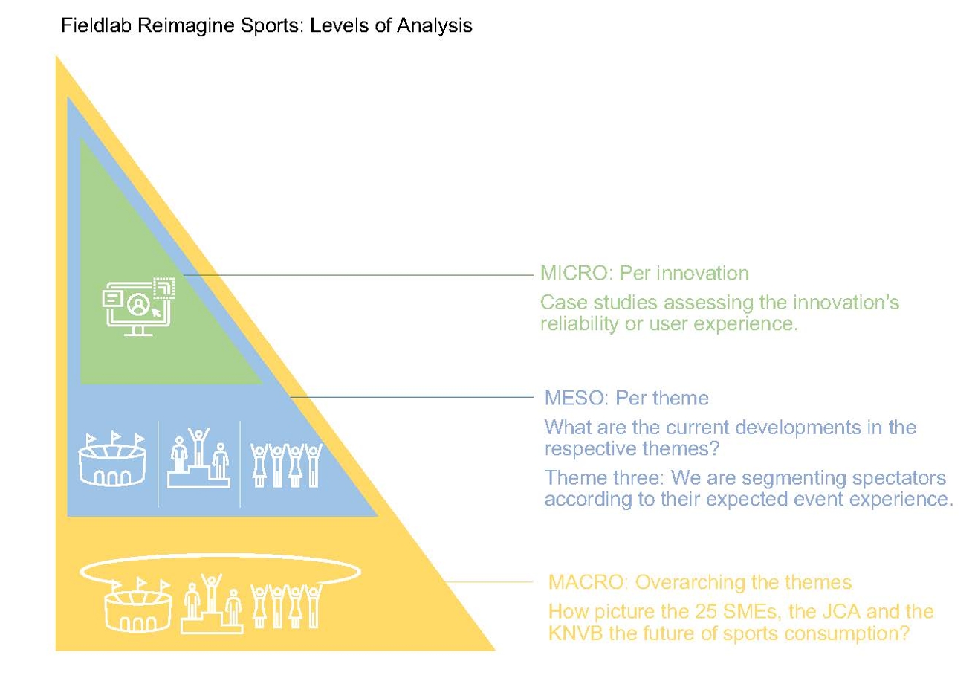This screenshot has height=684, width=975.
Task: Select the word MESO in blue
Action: click(574, 398)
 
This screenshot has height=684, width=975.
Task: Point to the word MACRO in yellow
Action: click(585, 582)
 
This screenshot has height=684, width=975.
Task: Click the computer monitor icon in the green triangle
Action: click(138, 306)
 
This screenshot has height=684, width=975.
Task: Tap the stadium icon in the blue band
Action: click(112, 459)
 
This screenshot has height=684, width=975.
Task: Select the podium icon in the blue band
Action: click(198, 457)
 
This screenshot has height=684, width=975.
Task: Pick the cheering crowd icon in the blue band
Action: click(286, 465)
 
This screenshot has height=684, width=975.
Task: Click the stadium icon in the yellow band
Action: click(138, 604)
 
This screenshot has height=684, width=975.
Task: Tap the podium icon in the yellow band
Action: click(212, 604)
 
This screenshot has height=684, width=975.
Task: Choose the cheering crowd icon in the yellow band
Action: click(286, 606)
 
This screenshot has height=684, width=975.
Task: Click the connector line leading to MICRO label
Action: click(358, 275)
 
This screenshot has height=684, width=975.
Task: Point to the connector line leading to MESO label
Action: click(412, 397)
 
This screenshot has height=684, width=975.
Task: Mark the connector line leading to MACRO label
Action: click(488, 581)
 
